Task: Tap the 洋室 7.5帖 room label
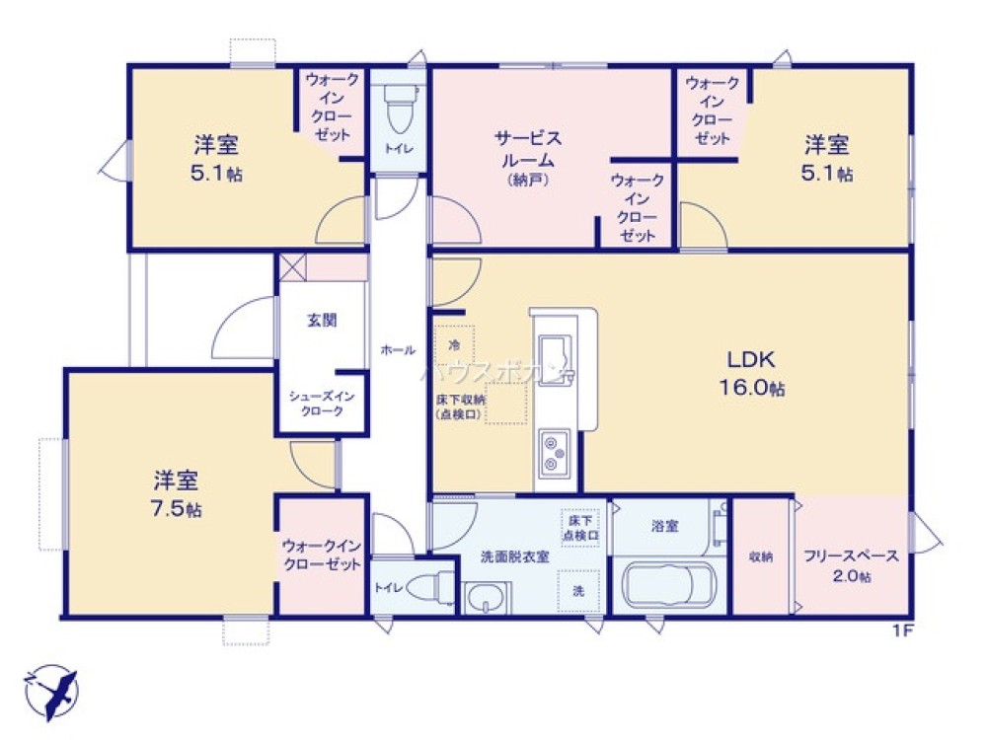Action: pyautogui.click(x=178, y=494)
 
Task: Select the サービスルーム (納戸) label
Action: pyautogui.click(x=529, y=158)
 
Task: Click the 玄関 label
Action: pyautogui.click(x=322, y=320)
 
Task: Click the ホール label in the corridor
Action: pyautogui.click(x=398, y=348)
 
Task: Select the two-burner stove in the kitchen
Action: pyautogui.click(x=554, y=451)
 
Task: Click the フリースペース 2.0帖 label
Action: pyautogui.click(x=851, y=565)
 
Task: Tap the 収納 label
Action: pyautogui.click(x=760, y=556)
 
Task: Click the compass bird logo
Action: pyautogui.click(x=51, y=690)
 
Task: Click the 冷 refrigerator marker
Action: pyautogui.click(x=454, y=345)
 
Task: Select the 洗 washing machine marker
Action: pyautogui.click(x=578, y=590)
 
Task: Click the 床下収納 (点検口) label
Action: pyautogui.click(x=461, y=407)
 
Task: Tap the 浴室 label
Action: pyautogui.click(x=664, y=526)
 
